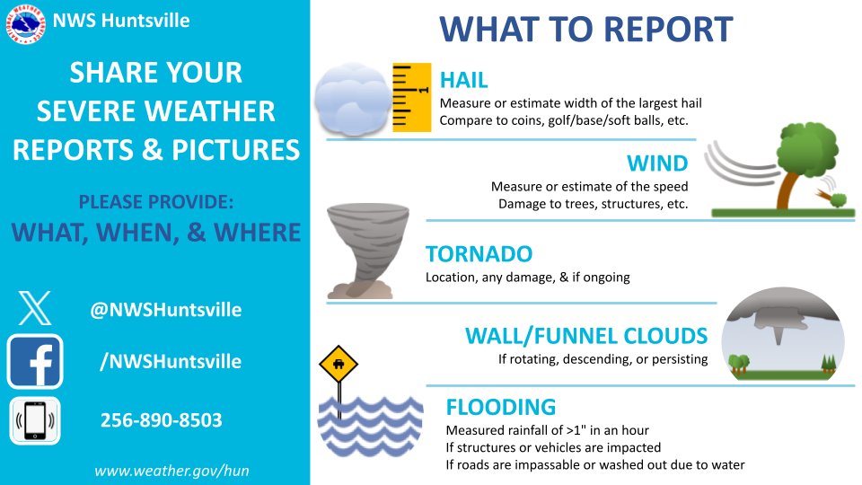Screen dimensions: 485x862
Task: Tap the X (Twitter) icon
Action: pyautogui.click(x=35, y=308)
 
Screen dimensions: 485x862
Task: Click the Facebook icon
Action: pyautogui.click(x=35, y=361)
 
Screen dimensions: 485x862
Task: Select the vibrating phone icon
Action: pyautogui.click(x=35, y=420)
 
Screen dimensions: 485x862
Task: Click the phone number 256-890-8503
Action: pyautogui.click(x=161, y=420)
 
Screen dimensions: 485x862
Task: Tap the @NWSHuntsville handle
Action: pyautogui.click(x=165, y=310)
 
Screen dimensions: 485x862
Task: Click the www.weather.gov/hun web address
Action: pyautogui.click(x=159, y=471)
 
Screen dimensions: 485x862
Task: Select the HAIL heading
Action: pyautogui.click(x=463, y=79)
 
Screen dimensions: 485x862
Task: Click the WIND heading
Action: pyautogui.click(x=657, y=163)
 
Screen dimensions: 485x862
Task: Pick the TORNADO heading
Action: pyautogui.click(x=479, y=253)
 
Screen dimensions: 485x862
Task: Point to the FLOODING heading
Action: pyautogui.click(x=500, y=407)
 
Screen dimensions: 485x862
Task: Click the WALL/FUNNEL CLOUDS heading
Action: pyautogui.click(x=585, y=336)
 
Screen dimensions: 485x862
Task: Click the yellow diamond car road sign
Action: pyautogui.click(x=339, y=366)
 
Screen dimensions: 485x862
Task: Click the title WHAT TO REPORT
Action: pyautogui.click(x=585, y=30)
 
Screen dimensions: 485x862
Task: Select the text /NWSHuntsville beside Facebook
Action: pyautogui.click(x=170, y=361)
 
